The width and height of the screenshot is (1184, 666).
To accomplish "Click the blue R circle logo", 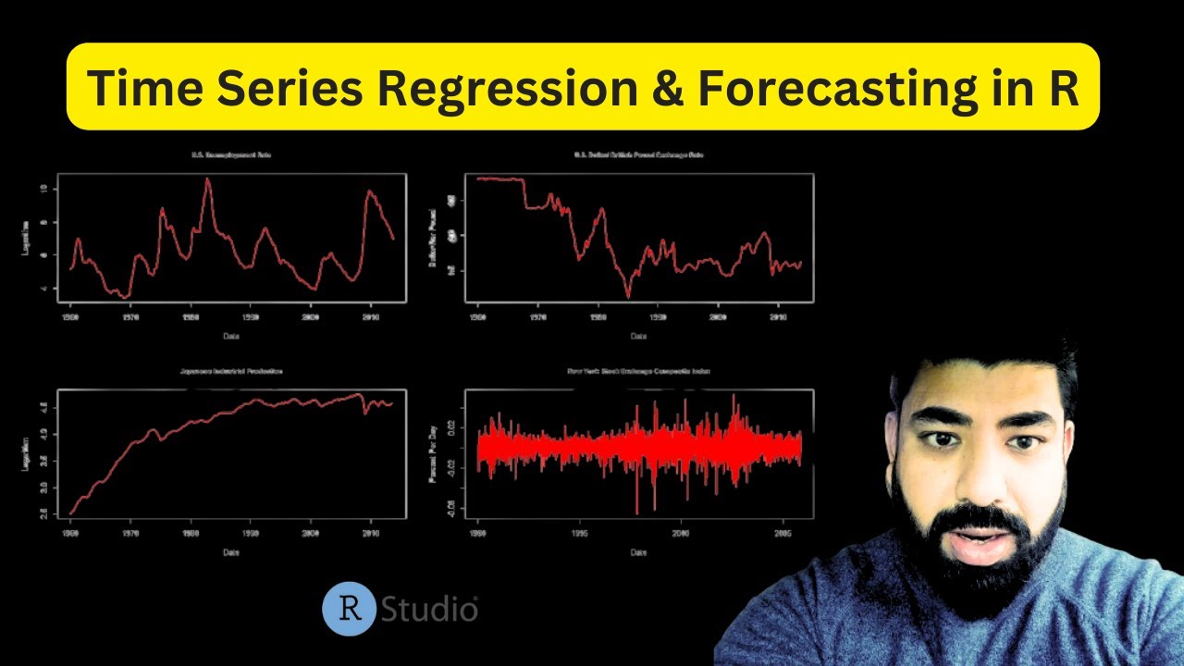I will pyautogui.click(x=349, y=610).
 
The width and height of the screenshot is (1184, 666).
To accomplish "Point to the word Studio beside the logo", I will pyautogui.click(x=429, y=610).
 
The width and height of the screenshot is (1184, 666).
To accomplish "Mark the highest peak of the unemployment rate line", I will pyautogui.click(x=207, y=179).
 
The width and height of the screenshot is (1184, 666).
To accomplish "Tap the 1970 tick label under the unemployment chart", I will pyautogui.click(x=131, y=316).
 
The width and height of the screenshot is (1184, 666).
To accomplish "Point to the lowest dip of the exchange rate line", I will pyautogui.click(x=627, y=297).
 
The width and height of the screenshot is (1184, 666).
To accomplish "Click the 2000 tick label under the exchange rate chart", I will pyautogui.click(x=718, y=316).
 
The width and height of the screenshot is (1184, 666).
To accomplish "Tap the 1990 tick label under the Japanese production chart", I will pyautogui.click(x=251, y=533).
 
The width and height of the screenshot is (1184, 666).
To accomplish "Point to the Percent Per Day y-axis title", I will pyautogui.click(x=435, y=449).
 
